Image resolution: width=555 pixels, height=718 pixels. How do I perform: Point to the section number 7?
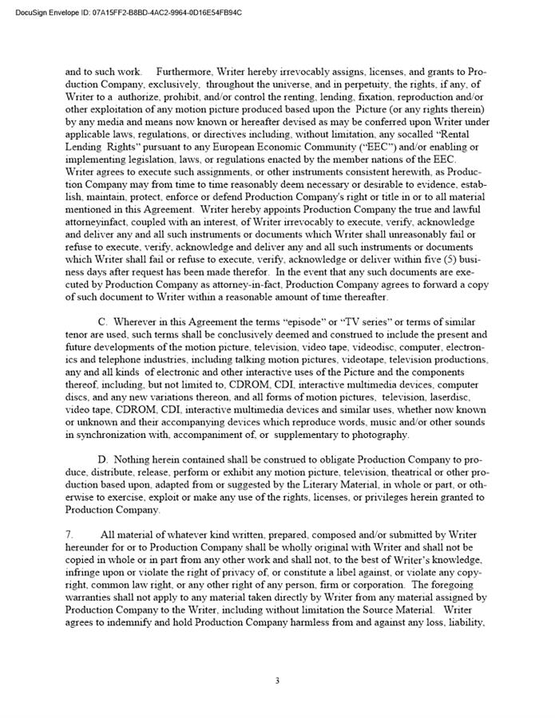point(69,534)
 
